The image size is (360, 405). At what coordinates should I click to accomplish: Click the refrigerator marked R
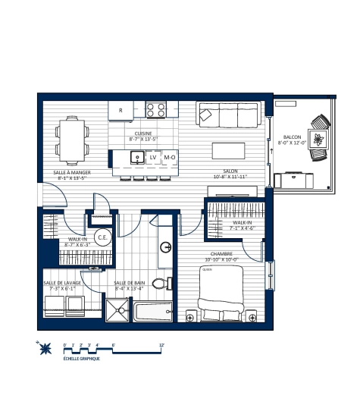pyautogui.click(x=121, y=110)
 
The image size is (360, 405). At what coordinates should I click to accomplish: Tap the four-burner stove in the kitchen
pyautogui.click(x=156, y=110)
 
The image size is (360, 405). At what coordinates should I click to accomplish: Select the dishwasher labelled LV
pyautogui.click(x=152, y=158)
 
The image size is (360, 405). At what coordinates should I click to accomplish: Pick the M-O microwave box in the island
pyautogui.click(x=170, y=158)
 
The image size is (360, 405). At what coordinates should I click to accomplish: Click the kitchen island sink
pyautogui.click(x=137, y=158)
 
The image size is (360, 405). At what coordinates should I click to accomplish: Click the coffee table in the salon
pyautogui.click(x=228, y=149)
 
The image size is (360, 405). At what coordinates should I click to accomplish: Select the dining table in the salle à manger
pyautogui.click(x=71, y=140)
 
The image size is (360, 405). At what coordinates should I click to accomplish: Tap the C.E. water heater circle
pyautogui.click(x=102, y=237)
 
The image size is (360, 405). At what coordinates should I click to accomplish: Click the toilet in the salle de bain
pyautogui.click(x=159, y=284)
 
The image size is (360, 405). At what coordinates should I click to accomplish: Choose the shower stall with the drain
pyautogui.click(x=118, y=311)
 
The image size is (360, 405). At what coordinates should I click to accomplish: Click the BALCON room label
pyautogui.click(x=292, y=137)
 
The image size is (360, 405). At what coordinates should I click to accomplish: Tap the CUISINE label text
pyautogui.click(x=143, y=133)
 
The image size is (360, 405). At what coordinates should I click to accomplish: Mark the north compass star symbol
pyautogui.click(x=45, y=349)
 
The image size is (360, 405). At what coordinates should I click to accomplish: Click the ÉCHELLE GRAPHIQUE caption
pyautogui.click(x=81, y=359)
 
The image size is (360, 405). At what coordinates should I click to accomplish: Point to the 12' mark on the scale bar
pyautogui.click(x=161, y=345)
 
